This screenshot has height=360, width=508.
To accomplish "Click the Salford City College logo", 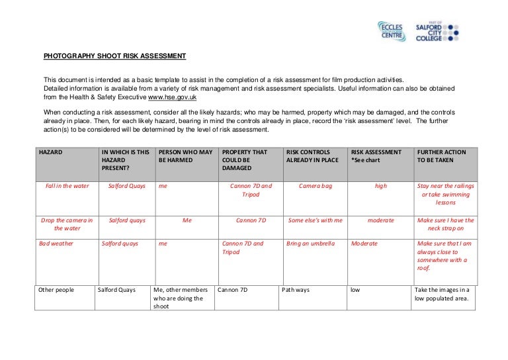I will click(437, 32).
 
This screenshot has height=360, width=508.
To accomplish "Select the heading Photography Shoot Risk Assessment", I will click(115, 56).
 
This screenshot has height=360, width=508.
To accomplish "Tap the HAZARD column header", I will click(51, 152).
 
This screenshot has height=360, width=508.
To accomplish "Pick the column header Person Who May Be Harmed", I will click(185, 156).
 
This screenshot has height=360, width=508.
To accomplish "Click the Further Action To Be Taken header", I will click(441, 156).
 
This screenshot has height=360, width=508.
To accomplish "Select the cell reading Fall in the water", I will click(67, 186).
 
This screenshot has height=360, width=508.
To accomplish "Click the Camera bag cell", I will click(316, 186).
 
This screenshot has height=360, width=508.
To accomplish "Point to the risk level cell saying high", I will click(380, 186).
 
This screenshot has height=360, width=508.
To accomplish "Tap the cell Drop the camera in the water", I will click(67, 224).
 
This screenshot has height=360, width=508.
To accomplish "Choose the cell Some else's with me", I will click(316, 220).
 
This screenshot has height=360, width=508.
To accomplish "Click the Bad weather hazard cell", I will click(56, 244).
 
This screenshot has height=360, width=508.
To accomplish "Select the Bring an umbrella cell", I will click(310, 244).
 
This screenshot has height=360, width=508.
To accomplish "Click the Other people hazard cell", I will click(56, 290).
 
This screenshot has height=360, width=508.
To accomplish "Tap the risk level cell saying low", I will click(355, 290).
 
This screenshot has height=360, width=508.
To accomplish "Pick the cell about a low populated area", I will click(442, 294).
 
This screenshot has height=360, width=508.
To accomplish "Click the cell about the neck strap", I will click(446, 224).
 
